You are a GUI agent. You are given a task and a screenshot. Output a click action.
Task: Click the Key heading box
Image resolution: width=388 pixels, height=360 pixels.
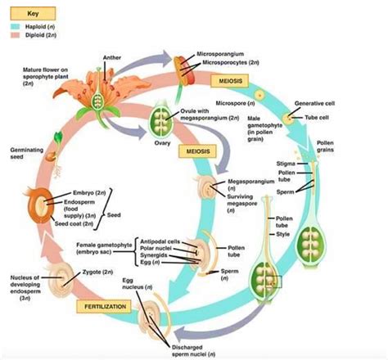click(32, 15)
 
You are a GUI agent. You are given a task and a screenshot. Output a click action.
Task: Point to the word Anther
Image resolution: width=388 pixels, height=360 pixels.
click(113, 57)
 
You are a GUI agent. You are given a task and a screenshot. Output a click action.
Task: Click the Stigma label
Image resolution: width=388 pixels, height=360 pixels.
click(308, 164)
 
